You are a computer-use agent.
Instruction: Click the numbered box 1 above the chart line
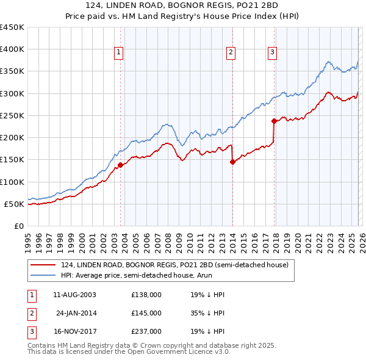coord(120,53)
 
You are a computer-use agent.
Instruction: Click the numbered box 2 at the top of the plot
coord(232,53)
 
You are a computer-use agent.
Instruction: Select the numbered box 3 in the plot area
coord(272,53)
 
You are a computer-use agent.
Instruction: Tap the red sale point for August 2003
coord(120,165)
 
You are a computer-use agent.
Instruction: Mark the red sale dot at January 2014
coord(232,162)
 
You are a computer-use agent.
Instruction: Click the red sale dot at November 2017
coord(274,121)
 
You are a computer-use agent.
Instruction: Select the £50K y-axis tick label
coord(15,204)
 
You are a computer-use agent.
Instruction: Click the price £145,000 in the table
coord(146,313)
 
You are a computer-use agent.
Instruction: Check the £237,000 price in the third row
coord(146,331)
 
